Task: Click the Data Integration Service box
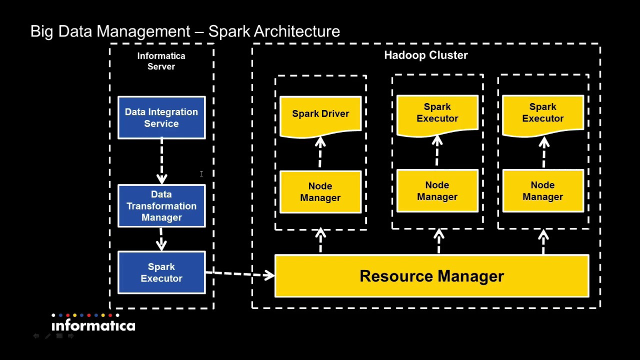(161, 117)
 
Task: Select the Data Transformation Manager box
(161, 205)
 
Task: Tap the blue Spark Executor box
(161, 272)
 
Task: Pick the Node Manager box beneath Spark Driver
(320, 192)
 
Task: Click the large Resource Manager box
(431, 276)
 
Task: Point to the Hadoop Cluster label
(425, 55)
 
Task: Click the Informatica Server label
(161, 61)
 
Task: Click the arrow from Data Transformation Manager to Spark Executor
(161, 239)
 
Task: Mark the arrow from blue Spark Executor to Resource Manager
(240, 273)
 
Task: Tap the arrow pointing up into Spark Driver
(320, 152)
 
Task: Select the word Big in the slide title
(42, 31)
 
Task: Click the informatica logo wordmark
(93, 326)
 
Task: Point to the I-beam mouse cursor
(201, 173)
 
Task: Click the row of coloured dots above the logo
(85, 315)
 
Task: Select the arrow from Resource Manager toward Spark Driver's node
(320, 241)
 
